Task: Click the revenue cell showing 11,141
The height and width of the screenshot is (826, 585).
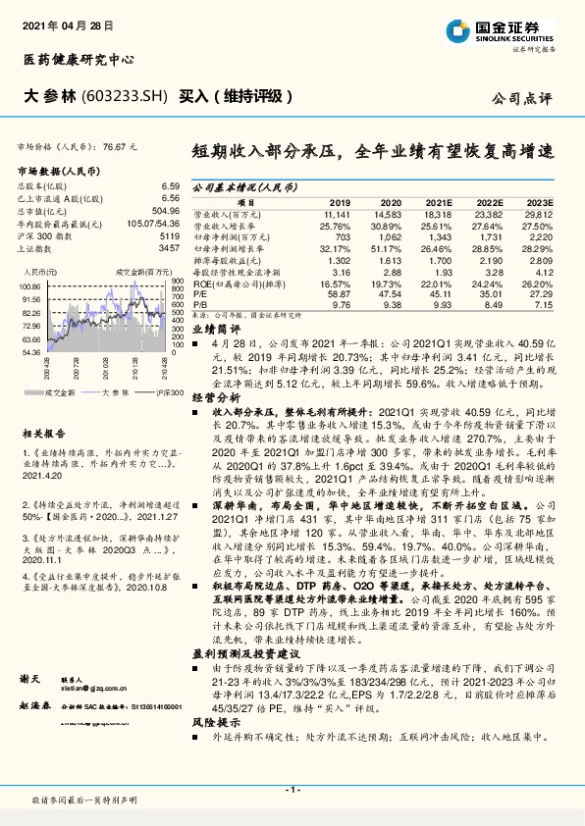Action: coord(337,212)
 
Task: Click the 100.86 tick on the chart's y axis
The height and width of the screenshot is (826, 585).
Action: coord(29,285)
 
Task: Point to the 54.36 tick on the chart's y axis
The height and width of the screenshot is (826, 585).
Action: coord(29,350)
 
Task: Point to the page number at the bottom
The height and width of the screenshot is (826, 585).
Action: coord(292,789)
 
